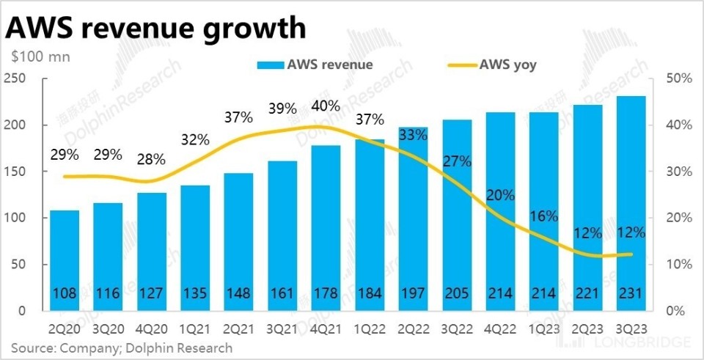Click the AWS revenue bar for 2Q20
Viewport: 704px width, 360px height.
pos(65,260)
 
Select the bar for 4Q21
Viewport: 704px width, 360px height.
pos(326,227)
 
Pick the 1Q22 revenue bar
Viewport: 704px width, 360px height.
pos(370,224)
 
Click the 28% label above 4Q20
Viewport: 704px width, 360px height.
pos(151,158)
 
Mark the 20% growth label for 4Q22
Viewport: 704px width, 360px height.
pos(500,196)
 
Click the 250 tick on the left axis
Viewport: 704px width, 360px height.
pos(15,78)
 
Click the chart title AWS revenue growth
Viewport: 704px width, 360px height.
pos(155,27)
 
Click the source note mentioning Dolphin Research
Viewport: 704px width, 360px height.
pos(122,348)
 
